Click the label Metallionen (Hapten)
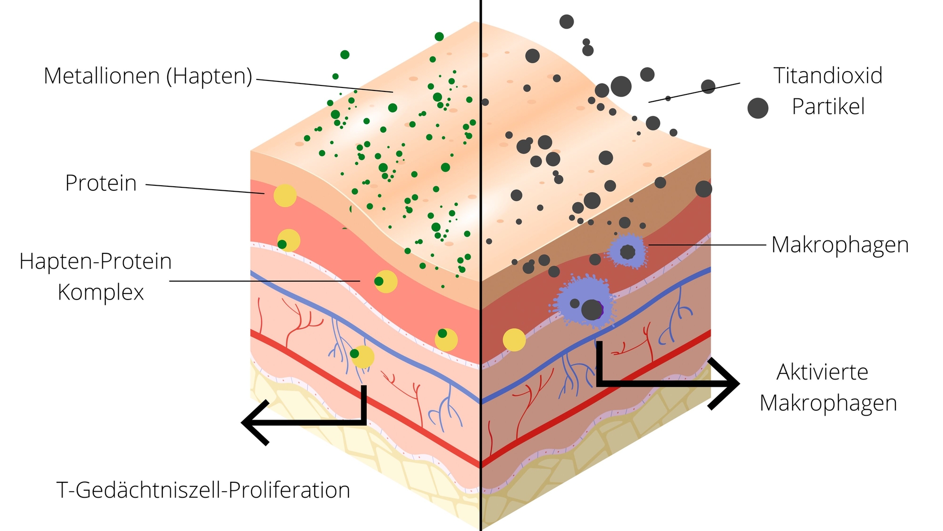(148, 76)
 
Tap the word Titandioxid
(828, 76)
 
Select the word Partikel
(828, 107)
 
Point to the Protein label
(101, 183)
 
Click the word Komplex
(101, 292)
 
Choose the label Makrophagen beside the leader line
(840, 245)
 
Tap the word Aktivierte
(822, 372)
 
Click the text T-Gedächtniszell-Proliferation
(203, 490)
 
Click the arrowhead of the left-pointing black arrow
(251, 422)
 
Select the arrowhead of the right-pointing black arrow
(730, 383)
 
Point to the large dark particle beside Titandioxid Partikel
(758, 108)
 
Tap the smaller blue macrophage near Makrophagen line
(627, 251)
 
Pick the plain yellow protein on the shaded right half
(514, 340)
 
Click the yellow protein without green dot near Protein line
(285, 196)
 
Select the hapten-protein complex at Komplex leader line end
(385, 282)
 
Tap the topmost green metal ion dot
(439, 36)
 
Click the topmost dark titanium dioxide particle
(566, 21)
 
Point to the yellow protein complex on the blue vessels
(362, 356)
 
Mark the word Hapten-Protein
(95, 261)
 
